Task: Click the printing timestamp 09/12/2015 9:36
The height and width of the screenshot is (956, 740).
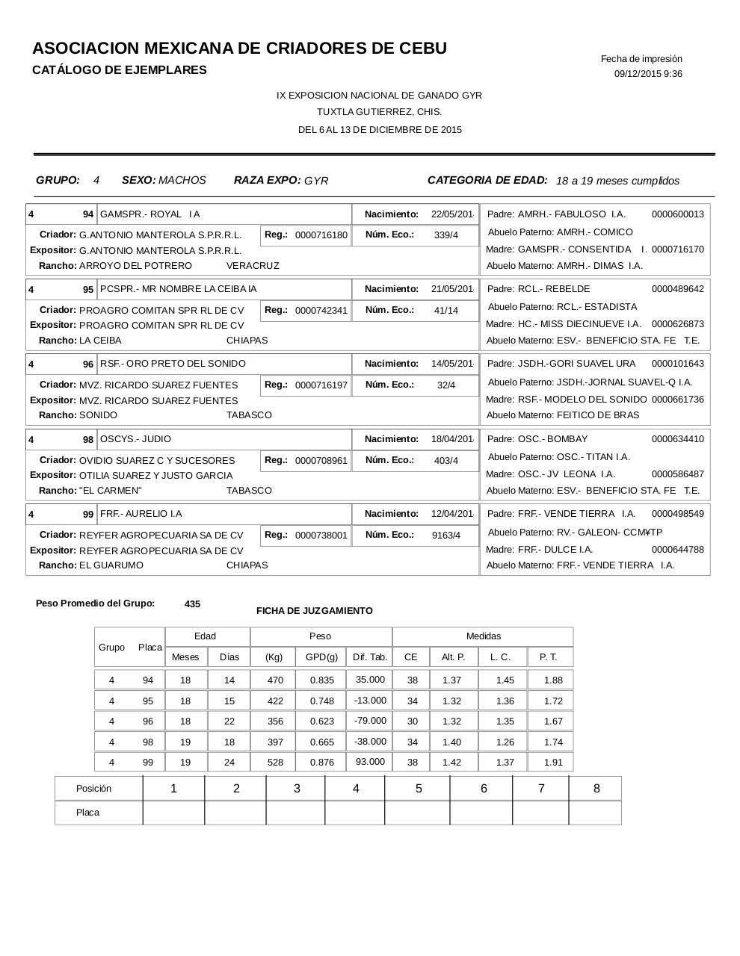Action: coord(648,74)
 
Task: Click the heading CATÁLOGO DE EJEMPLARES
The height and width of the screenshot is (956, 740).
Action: coord(120,70)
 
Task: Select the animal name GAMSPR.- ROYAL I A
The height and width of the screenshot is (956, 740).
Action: coord(150,214)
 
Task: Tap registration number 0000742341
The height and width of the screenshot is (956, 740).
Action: coord(321,310)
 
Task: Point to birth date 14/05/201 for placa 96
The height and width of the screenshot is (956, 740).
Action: coord(452,364)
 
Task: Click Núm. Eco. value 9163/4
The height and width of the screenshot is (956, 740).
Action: coord(446,535)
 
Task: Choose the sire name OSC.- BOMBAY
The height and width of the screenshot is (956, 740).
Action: coord(552,439)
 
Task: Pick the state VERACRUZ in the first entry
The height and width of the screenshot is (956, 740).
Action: coord(253,266)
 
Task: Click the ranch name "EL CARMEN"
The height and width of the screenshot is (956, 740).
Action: coord(111,491)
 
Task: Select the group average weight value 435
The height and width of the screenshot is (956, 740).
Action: coord(192,604)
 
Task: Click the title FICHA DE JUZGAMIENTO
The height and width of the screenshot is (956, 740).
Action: coord(314,611)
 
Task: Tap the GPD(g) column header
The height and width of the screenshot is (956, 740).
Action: coord(321,657)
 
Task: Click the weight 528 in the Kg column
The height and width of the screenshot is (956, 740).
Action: coord(274,763)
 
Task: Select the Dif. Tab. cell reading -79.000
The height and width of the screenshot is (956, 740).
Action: coord(370,721)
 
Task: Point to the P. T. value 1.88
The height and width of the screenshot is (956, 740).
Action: coord(553,680)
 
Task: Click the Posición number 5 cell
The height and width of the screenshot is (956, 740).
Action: coord(419,789)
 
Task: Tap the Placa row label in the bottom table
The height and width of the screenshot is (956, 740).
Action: coord(87,813)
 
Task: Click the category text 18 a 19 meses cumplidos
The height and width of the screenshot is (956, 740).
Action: coord(617,181)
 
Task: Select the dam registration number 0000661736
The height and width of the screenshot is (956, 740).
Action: coord(677,400)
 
